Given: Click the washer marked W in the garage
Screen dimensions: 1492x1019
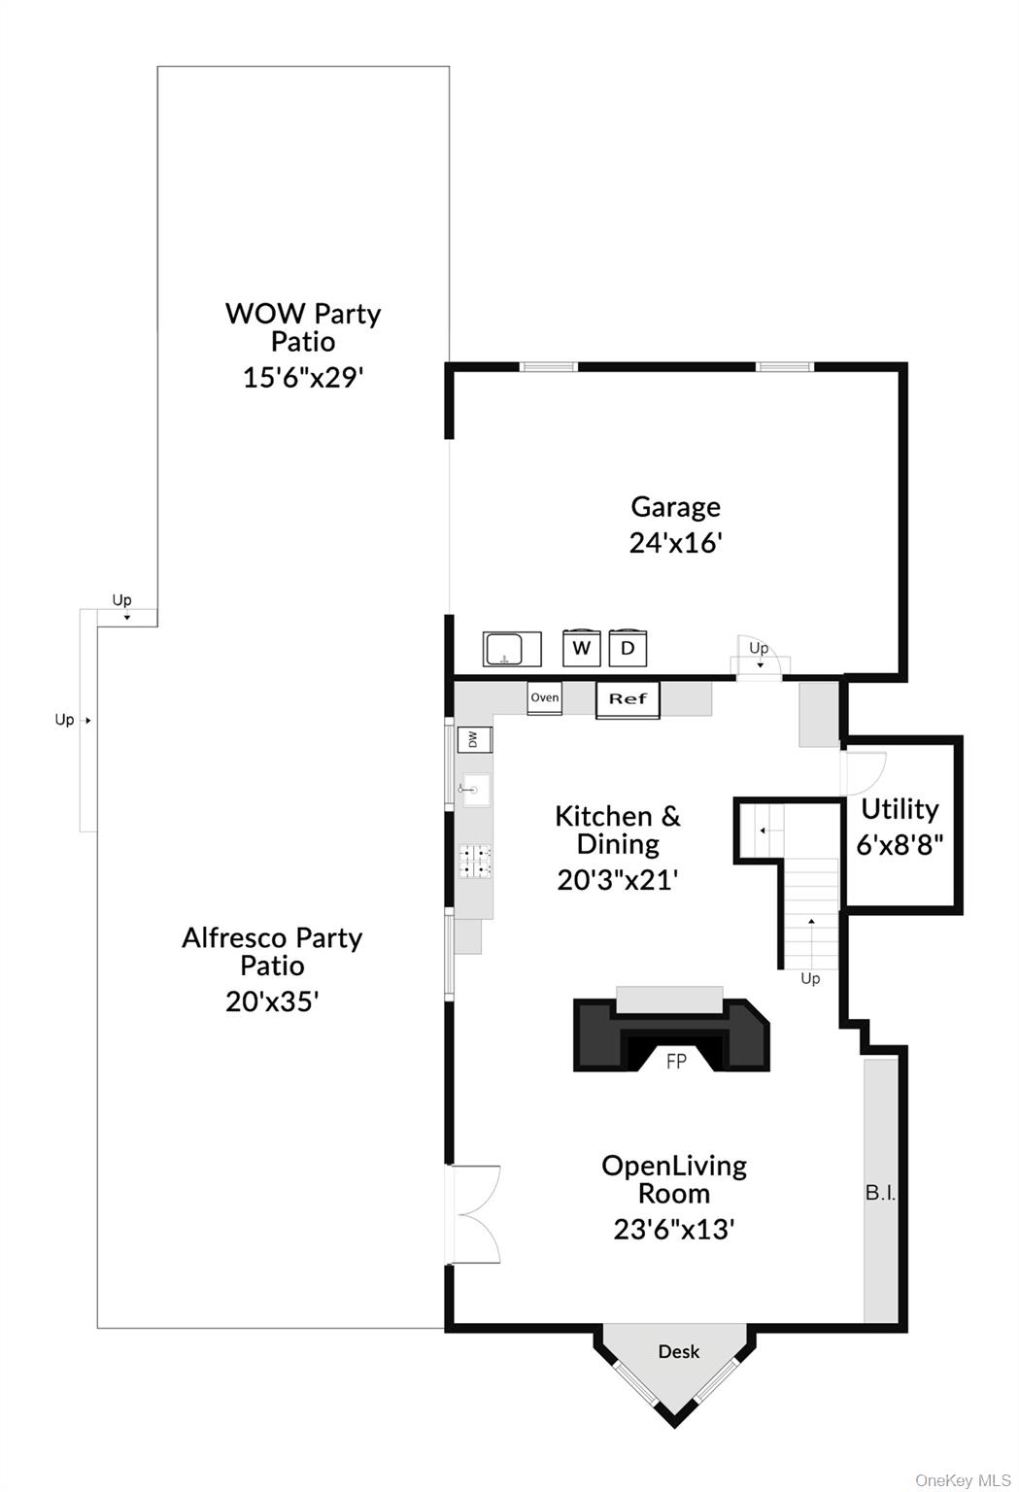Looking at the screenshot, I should [581, 648].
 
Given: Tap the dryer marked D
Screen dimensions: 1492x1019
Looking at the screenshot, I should [628, 648].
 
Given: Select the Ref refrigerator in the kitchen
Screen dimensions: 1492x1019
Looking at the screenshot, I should [628, 699].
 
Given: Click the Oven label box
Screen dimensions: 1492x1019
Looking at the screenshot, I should [545, 698].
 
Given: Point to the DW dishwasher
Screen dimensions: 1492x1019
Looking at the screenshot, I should [474, 739].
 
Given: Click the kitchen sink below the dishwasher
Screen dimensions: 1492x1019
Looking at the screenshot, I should [475, 790].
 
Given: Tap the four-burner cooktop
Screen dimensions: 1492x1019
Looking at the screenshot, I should [476, 862].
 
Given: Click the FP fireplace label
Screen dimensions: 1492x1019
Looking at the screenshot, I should [676, 1062].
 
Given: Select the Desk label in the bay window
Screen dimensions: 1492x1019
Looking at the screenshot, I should [679, 1351].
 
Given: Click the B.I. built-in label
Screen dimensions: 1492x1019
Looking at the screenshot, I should [881, 1193].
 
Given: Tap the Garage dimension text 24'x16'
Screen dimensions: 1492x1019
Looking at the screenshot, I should [675, 542].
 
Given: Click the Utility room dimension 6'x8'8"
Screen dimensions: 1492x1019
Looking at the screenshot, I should [900, 844].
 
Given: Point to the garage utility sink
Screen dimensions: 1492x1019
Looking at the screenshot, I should [512, 648].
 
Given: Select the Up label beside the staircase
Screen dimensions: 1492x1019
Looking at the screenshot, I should [810, 978].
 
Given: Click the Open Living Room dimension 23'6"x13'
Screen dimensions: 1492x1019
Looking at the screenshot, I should [674, 1230].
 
